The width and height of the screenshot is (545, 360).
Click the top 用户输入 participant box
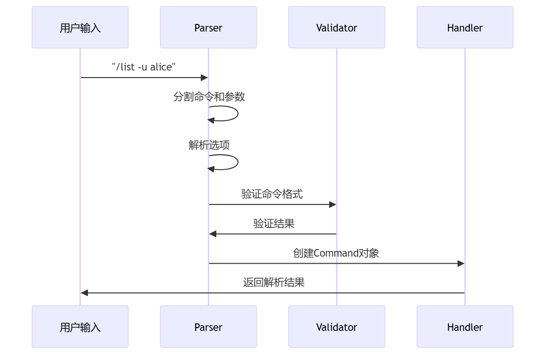point(80,27)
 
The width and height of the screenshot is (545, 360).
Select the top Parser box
point(208,27)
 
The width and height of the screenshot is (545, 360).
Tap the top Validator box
point(337,27)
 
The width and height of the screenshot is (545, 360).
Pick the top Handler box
point(465,27)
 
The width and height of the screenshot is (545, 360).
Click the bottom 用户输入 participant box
point(80,327)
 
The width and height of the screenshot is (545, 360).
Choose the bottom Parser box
point(208,327)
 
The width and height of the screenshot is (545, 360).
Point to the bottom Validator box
point(337,327)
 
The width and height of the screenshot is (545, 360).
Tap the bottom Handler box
point(465,327)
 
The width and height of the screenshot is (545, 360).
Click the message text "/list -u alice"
point(144,67)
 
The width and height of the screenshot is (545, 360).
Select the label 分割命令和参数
point(209,97)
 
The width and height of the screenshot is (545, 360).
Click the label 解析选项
point(209,145)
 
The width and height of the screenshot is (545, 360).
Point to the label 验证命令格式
point(272,194)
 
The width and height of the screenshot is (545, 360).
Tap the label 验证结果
point(274,223)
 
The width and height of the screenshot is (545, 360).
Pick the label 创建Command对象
point(336,253)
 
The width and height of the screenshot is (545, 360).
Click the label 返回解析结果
point(274,282)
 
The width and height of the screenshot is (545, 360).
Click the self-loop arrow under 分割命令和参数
point(238,114)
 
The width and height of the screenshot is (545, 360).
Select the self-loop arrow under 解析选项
point(238,162)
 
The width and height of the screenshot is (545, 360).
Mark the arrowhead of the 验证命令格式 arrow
point(332,204)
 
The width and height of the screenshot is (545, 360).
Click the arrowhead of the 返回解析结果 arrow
point(84,293)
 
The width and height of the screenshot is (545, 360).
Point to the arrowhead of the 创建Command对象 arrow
point(461,263)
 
